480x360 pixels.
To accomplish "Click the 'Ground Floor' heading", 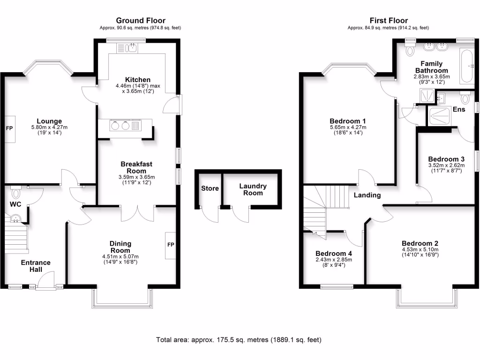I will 140,20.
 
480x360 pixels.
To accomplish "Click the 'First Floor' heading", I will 389,20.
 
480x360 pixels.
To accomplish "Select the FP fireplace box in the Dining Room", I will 170,245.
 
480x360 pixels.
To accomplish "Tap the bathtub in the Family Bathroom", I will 466,68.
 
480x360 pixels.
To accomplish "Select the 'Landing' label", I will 367,195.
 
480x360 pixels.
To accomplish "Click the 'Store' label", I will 210,188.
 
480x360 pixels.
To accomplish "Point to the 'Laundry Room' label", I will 253,189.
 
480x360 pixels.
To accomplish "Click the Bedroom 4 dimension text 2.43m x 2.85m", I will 333,260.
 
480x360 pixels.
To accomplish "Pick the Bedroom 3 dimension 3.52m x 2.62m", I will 446,165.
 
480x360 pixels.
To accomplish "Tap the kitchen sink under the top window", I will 127,47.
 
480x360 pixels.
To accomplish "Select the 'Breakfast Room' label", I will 136,167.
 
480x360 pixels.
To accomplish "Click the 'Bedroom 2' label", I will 420,243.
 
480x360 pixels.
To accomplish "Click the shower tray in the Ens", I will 441,116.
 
